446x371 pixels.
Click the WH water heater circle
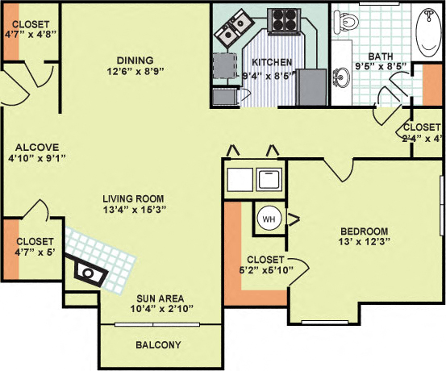[268, 217]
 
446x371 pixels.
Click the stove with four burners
[284, 19]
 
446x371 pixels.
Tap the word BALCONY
[159, 345]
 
